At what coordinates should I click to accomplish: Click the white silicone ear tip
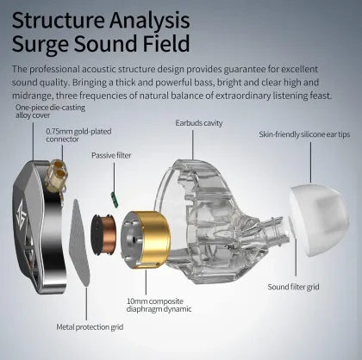[319, 221]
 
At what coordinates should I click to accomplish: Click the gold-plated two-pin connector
[57, 176]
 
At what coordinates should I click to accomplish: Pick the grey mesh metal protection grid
[79, 243]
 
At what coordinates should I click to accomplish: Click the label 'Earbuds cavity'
[199, 123]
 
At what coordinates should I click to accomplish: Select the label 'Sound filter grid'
[293, 287]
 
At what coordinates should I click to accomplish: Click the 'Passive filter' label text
[111, 155]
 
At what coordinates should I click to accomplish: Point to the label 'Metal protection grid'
[90, 327]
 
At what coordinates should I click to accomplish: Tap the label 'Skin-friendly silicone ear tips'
[304, 134]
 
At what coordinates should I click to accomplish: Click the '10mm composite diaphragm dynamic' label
[159, 305]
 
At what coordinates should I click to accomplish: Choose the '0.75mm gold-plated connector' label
[78, 135]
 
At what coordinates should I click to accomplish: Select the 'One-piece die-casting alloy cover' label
[50, 111]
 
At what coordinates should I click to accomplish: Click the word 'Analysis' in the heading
[149, 21]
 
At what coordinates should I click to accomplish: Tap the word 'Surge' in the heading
[41, 45]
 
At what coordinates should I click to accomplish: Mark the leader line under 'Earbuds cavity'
[193, 145]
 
